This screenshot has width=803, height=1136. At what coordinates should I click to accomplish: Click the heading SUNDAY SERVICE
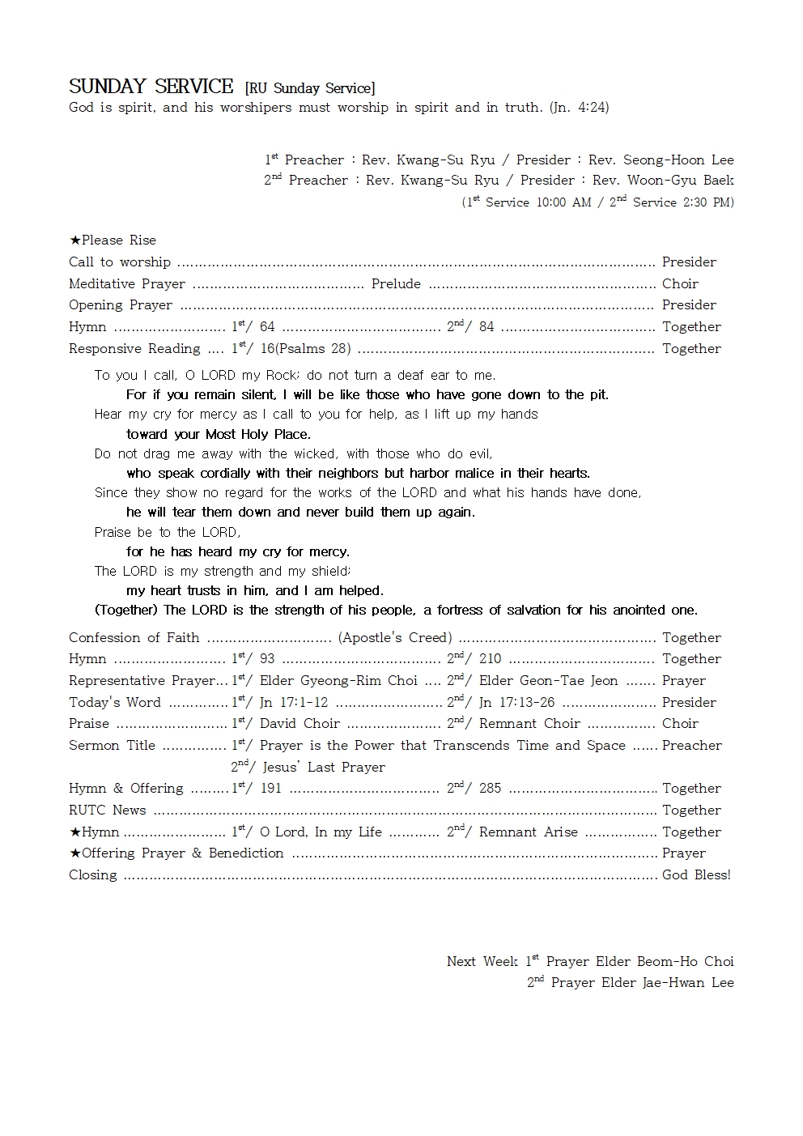pos(151,87)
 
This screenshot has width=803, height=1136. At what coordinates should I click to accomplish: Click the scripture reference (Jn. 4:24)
pos(579,107)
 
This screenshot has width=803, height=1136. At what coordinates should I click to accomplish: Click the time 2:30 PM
pos(708,202)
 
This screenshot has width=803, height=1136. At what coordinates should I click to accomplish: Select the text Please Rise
pos(118,240)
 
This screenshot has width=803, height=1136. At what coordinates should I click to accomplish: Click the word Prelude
pos(396,283)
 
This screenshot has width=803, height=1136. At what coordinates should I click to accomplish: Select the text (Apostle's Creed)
pos(395,637)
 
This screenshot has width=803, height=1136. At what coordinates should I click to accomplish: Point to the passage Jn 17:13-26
pos(516,703)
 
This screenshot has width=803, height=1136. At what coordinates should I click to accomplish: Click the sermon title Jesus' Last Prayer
pos(324,767)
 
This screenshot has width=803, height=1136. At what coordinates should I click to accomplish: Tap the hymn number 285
pos(490,789)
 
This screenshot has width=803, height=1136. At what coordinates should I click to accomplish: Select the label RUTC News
pos(108,811)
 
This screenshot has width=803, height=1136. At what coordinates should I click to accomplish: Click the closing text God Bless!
pos(696,875)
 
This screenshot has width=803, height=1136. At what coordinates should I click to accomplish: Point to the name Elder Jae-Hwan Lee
pos(642,983)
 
